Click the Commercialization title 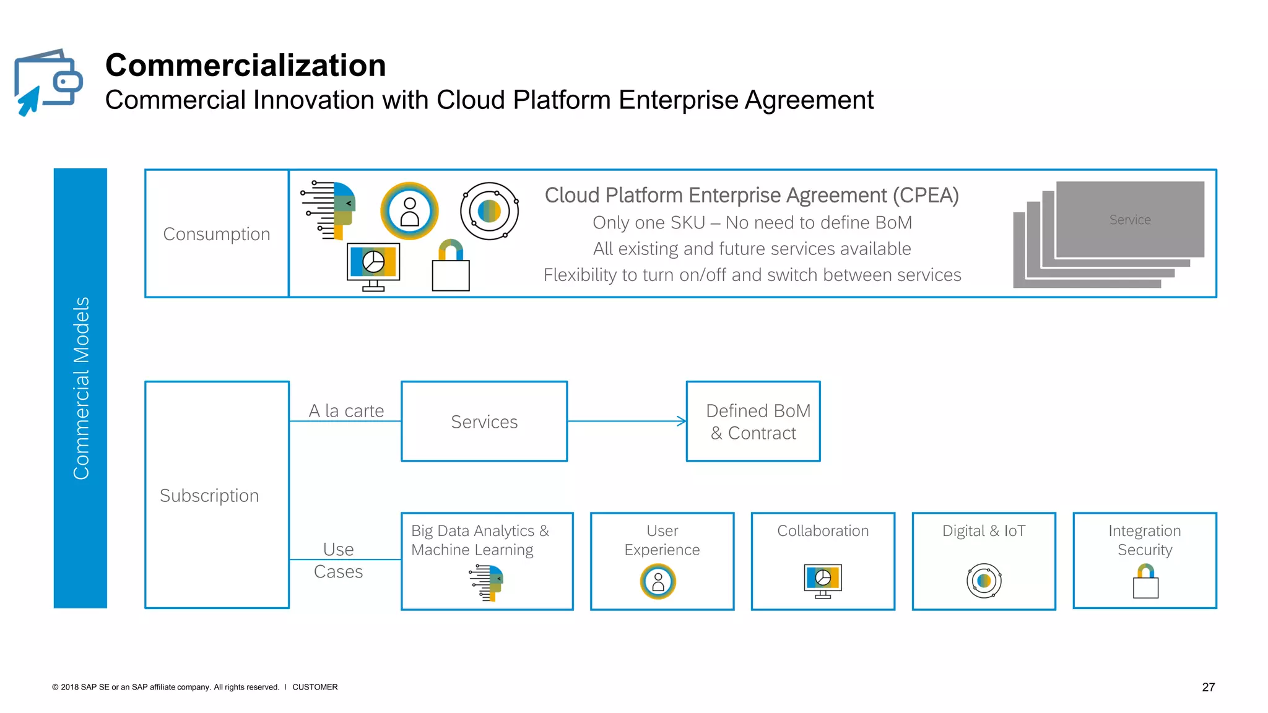pyautogui.click(x=245, y=65)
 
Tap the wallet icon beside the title pyautogui.click(x=48, y=82)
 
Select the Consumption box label pyautogui.click(x=216, y=234)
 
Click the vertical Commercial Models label pyautogui.click(x=80, y=388)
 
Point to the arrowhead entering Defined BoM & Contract pyautogui.click(x=682, y=421)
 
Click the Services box pyautogui.click(x=484, y=421)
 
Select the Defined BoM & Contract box pyautogui.click(x=753, y=421)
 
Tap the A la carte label pyautogui.click(x=346, y=411)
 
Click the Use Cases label pyautogui.click(x=338, y=560)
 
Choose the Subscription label pyautogui.click(x=209, y=496)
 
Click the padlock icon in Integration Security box pyautogui.click(x=1145, y=581)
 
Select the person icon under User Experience pyautogui.click(x=658, y=582)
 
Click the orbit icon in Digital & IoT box pyautogui.click(x=984, y=581)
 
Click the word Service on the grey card pyautogui.click(x=1130, y=220)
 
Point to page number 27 pyautogui.click(x=1208, y=687)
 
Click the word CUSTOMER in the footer pyautogui.click(x=315, y=687)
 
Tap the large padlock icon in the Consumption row pyautogui.click(x=451, y=266)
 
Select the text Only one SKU pyautogui.click(x=649, y=223)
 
